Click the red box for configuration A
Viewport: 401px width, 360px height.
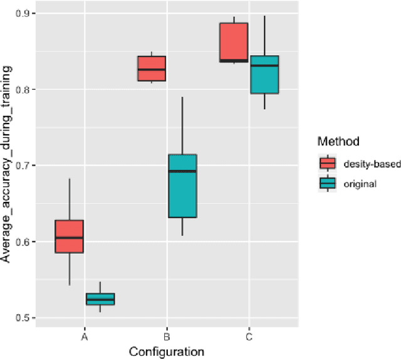(69, 236)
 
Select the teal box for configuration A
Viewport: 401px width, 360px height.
(101, 299)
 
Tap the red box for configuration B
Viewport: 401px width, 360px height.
(152, 68)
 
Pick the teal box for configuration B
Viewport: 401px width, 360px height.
(183, 186)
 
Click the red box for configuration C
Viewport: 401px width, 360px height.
(234, 43)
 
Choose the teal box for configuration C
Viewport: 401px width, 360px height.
(264, 74)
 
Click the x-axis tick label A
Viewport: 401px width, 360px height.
(85, 337)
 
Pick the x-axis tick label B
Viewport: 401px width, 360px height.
(167, 337)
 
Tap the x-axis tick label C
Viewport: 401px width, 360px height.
(249, 337)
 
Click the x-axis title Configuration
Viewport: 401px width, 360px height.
(167, 351)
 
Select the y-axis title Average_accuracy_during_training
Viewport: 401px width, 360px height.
(8, 166)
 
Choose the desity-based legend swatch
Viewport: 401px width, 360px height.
(327, 164)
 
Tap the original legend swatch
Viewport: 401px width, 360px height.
(327, 183)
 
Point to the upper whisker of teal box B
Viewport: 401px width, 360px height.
(183, 125)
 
